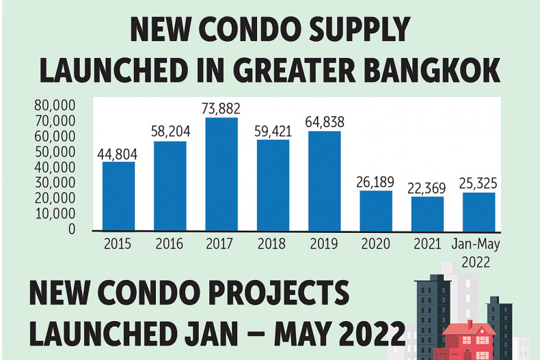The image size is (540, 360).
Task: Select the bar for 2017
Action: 221,174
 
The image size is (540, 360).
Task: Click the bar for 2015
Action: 119,196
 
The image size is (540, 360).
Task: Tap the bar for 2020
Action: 376,210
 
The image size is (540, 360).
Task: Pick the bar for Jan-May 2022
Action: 478,212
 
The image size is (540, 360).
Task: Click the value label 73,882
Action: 221,109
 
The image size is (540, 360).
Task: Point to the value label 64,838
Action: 324,122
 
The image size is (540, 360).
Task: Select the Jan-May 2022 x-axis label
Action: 478,251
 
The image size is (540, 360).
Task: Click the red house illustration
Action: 469,340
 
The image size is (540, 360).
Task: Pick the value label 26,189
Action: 376,181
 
